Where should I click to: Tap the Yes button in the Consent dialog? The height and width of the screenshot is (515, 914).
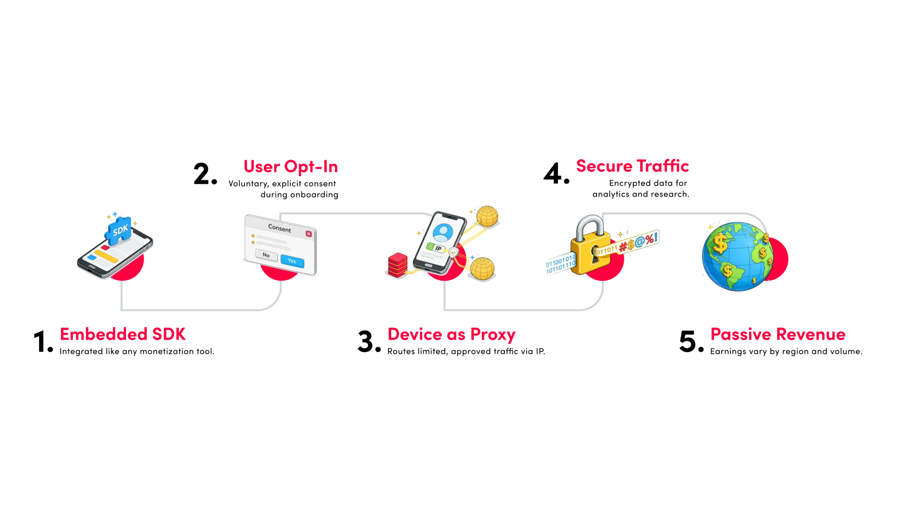(292, 261)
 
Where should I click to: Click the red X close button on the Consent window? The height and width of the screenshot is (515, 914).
(309, 234)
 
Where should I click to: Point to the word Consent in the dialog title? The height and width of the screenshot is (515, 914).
(279, 228)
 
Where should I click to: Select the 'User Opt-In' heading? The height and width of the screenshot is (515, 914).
(291, 167)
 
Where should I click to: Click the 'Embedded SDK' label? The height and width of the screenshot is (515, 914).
(123, 334)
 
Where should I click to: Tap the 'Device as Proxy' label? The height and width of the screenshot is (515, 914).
(452, 334)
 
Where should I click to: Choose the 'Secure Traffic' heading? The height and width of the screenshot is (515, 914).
(632, 166)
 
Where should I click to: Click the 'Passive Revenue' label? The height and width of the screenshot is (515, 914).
(778, 334)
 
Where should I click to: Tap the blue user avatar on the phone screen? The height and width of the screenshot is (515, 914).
(443, 233)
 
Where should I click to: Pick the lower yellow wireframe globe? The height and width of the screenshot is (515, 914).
(482, 268)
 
